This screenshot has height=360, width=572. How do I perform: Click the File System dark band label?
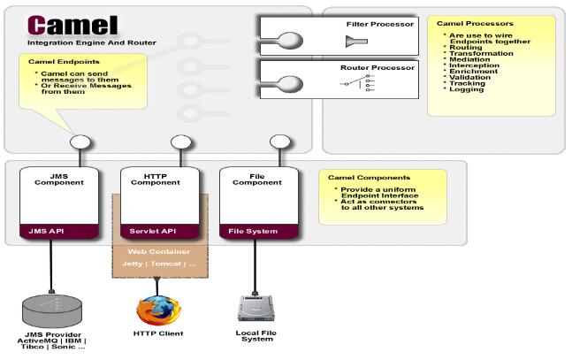point(253,232)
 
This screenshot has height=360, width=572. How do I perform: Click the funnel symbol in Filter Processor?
point(358,42)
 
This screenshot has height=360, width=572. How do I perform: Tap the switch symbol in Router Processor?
point(357,82)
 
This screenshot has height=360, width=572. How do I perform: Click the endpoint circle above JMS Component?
point(80,142)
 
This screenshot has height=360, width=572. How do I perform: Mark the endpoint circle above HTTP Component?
point(179,142)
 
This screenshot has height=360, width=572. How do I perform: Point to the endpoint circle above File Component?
point(278,142)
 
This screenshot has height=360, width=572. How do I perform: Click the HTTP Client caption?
point(157,333)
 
